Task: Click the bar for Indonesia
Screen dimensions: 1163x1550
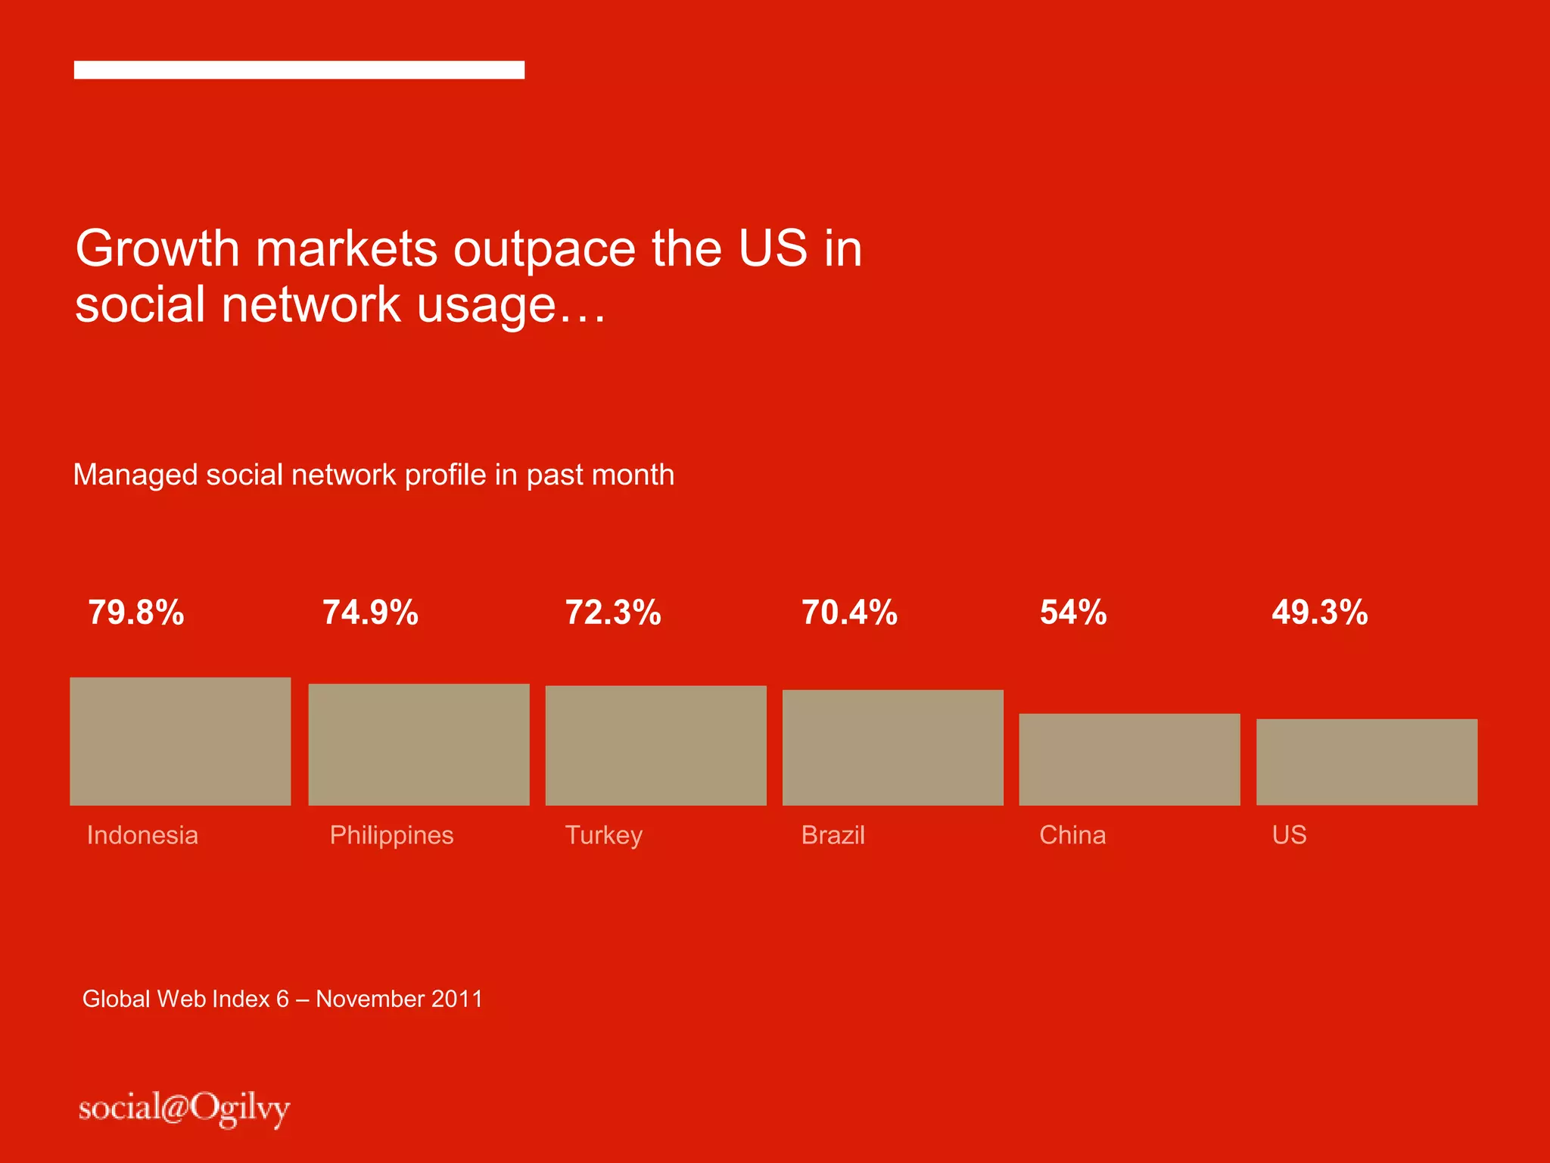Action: point(180,741)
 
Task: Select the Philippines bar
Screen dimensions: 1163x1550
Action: point(419,744)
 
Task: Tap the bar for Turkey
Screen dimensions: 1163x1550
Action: point(655,745)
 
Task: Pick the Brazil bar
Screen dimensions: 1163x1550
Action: point(892,747)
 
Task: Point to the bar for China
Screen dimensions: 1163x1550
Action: point(1129,759)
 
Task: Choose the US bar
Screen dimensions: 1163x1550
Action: point(1367,762)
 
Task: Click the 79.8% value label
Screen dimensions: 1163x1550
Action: point(136,613)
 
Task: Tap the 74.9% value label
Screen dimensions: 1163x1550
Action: point(371,613)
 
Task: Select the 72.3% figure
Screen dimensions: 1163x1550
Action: point(613,613)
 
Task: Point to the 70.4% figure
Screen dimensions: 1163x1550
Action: point(849,613)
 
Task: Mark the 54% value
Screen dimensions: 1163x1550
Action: point(1073,613)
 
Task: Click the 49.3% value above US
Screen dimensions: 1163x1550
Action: point(1320,613)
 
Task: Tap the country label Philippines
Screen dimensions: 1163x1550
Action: point(391,835)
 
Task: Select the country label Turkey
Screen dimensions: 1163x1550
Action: point(603,835)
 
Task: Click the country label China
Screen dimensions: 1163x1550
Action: point(1072,835)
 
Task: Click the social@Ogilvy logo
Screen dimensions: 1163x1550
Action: point(184,1109)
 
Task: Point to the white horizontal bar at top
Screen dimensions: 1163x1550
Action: point(299,70)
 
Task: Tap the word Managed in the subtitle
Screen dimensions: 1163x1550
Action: point(135,475)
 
